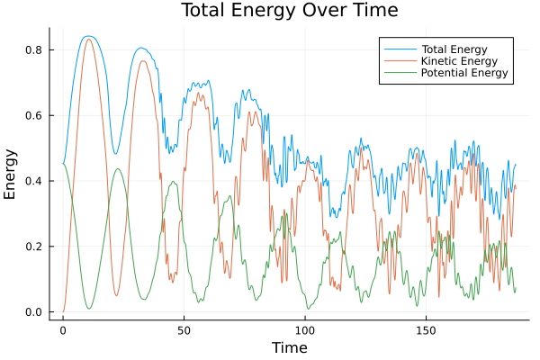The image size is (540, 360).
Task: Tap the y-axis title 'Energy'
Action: coord(11,173)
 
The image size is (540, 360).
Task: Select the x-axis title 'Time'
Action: coord(289,347)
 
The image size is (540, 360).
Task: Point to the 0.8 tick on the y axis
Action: coord(33,49)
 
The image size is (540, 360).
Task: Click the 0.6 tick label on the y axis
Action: coord(33,115)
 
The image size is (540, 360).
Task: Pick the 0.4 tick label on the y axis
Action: coord(33,181)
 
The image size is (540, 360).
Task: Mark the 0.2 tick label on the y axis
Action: coord(33,247)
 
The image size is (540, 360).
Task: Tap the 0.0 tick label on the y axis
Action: coord(33,312)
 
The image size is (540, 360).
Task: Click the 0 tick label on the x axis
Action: coord(63,329)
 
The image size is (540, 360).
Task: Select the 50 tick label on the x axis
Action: coord(184,329)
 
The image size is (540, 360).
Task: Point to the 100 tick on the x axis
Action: coord(305,329)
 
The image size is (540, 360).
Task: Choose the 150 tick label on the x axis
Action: coord(426,329)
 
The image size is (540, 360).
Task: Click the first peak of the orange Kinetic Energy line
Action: coord(88,39)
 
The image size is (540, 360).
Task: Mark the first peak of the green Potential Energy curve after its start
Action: coord(117,169)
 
